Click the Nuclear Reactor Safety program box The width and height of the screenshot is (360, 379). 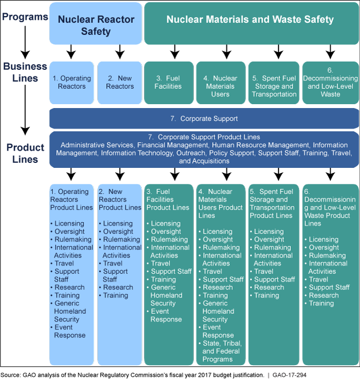95,24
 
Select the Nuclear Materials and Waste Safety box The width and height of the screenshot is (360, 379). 250,20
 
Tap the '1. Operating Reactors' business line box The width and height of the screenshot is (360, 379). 72,83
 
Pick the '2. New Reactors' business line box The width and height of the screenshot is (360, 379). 120,83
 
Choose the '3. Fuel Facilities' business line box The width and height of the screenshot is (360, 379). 168,83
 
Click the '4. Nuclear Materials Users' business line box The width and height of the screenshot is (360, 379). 220,86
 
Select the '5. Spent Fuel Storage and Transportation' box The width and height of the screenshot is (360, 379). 274,86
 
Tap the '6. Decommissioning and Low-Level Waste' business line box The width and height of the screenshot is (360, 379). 330,83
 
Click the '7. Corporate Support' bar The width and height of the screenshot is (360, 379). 204,119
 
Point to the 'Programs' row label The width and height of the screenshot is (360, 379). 24,17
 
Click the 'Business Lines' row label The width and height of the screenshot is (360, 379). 25,72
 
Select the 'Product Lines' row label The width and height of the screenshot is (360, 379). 25,153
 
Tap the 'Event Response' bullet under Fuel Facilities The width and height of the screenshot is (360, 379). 166,315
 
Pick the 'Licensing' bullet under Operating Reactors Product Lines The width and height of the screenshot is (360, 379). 69,224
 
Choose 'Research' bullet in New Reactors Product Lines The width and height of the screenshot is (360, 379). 118,288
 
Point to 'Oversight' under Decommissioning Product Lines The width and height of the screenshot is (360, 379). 324,248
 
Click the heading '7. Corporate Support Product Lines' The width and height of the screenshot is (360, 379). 208,137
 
